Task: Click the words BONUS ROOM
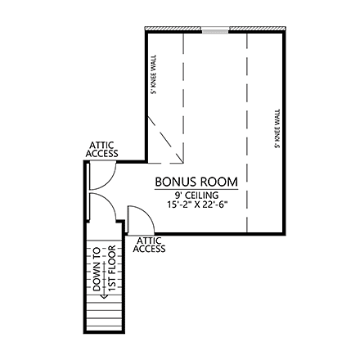[x=196, y=181]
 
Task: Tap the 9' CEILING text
[x=196, y=195]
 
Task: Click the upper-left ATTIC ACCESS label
[x=103, y=150]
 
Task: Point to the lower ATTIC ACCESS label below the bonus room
[x=149, y=245]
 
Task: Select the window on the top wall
[x=216, y=30]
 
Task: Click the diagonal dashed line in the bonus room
[x=166, y=137]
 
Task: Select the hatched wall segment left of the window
[x=173, y=30]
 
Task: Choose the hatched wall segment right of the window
[x=255, y=30]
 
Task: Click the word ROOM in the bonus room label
[x=219, y=181]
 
